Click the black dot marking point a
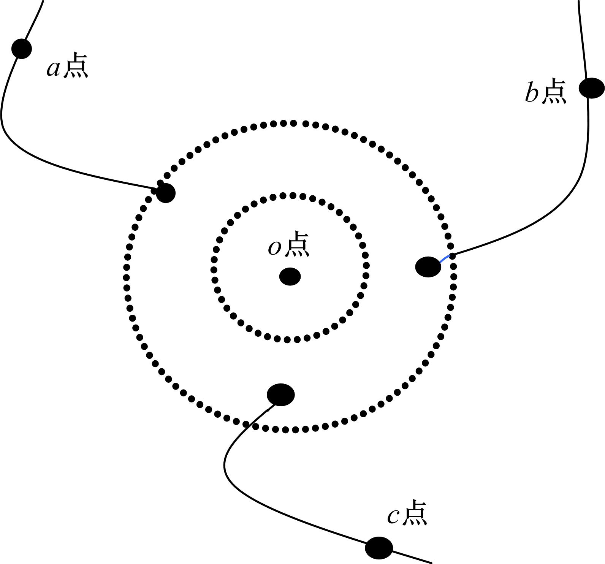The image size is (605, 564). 22,49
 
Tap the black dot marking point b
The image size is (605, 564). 591,88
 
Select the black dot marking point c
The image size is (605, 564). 379,548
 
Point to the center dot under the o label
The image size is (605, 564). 290,276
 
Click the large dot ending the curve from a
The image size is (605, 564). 166,193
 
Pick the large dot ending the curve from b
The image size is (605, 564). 428,267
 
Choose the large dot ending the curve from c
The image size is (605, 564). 281,394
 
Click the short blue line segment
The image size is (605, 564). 445,259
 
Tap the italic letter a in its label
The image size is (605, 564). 54,69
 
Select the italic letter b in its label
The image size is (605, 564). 532,92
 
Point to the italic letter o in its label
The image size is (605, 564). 274,247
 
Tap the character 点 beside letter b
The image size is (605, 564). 554,91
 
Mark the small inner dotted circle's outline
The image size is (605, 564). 212,270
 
